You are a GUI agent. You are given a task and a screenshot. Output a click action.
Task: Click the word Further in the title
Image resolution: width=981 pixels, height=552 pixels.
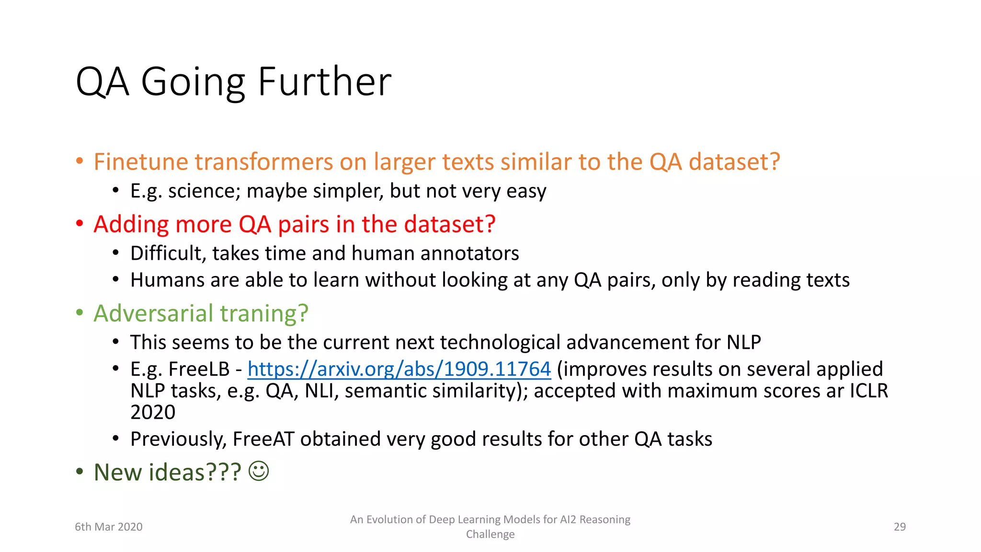tap(324, 82)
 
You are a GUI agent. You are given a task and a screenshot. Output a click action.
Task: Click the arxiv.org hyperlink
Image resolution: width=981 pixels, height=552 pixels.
tap(399, 369)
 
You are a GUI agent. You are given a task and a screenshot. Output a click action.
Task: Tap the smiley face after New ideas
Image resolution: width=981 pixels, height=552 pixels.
tap(259, 471)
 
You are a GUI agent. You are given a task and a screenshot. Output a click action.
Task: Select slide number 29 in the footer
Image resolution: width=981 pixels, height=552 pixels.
tap(900, 527)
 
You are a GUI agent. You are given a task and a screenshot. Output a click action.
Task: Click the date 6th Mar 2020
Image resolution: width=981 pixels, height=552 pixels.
tap(109, 527)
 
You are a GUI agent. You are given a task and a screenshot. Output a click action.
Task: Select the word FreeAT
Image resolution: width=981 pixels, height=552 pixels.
tap(263, 439)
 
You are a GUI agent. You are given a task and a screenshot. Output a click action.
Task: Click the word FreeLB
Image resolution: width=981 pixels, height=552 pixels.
tap(199, 369)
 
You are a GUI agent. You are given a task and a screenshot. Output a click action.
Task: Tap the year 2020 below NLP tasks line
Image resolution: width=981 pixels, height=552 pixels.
tap(153, 412)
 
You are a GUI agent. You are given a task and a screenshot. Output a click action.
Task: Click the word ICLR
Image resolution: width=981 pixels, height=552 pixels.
tap(869, 391)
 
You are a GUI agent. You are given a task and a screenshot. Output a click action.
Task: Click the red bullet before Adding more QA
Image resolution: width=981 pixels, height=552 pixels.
tap(80, 224)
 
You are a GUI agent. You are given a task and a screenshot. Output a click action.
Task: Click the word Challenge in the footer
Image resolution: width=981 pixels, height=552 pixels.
tap(490, 534)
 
